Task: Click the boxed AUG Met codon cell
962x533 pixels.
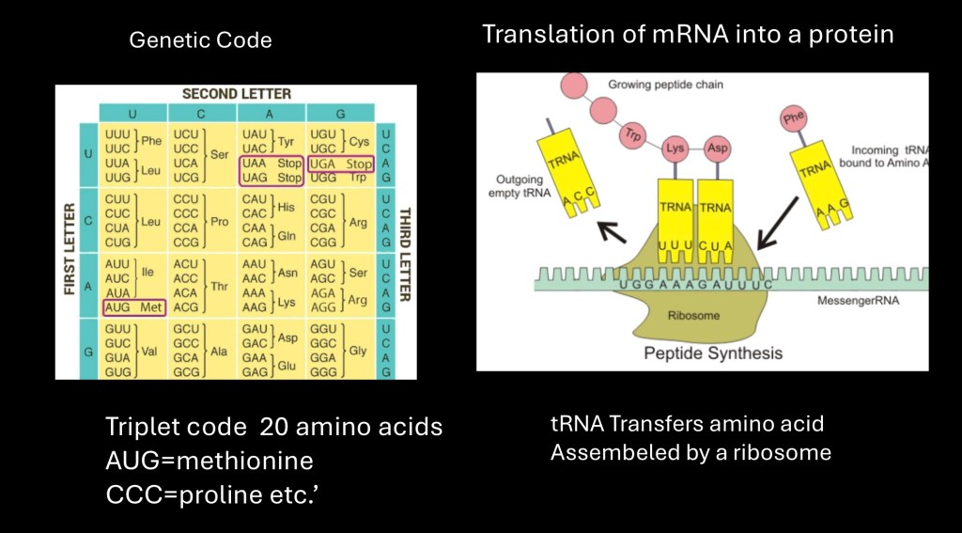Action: [x=132, y=306]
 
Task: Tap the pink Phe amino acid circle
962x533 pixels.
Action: [x=794, y=119]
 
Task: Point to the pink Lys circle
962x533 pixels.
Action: [x=675, y=148]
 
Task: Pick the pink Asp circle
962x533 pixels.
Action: [x=718, y=148]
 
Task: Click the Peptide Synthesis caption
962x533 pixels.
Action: [x=713, y=353]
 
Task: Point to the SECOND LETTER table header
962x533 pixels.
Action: [x=236, y=94]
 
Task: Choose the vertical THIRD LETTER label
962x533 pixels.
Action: [x=404, y=252]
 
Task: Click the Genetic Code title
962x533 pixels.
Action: [x=200, y=40]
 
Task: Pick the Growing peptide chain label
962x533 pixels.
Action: [x=665, y=85]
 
